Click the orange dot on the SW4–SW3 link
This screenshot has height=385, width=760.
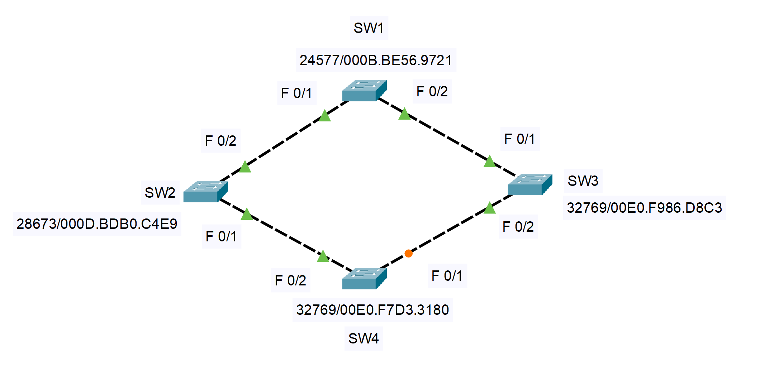[x=408, y=254]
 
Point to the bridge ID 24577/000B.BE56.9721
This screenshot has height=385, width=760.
[x=376, y=60]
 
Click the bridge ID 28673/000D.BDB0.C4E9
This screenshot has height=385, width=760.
[x=97, y=224]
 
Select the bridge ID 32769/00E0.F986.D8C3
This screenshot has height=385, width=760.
[x=644, y=208]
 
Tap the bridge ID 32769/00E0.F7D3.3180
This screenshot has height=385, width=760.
[x=372, y=310]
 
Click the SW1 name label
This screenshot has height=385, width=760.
[x=369, y=28]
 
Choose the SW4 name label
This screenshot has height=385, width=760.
[x=364, y=338]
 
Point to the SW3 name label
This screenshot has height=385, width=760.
[x=583, y=181]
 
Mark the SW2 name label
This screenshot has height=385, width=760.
[x=160, y=193]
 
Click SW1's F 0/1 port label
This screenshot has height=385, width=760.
[x=296, y=93]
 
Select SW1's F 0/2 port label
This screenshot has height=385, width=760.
[x=432, y=91]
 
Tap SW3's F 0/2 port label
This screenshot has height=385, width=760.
[x=518, y=227]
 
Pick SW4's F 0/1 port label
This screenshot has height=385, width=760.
[x=447, y=276]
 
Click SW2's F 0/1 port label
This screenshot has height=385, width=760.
[x=221, y=236]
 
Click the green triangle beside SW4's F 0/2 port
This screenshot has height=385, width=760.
[x=323, y=256]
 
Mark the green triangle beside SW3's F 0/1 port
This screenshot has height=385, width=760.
[x=489, y=162]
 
